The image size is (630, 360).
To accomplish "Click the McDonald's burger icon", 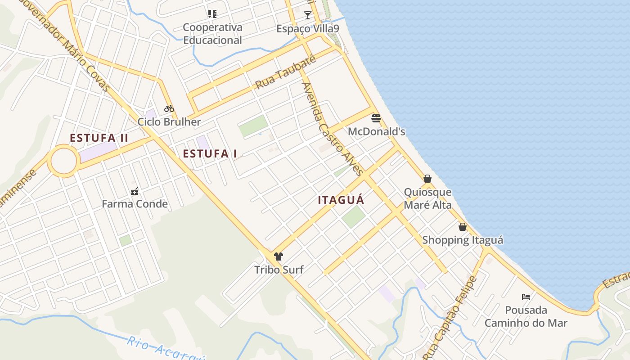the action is pyautogui.click(x=376, y=119).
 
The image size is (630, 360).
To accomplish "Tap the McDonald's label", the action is pyautogui.click(x=377, y=132).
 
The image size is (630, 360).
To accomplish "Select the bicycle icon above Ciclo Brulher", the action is pyautogui.click(x=169, y=108).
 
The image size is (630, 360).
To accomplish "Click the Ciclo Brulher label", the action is pyautogui.click(x=169, y=122).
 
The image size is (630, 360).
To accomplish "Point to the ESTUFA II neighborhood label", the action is pyautogui.click(x=99, y=138).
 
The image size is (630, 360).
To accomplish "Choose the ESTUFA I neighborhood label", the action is pyautogui.click(x=210, y=154).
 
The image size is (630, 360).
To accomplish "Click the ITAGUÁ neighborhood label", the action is pyautogui.click(x=341, y=200).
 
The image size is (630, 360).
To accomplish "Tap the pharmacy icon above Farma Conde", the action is pyautogui.click(x=134, y=191).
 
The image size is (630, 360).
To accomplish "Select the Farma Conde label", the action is pyautogui.click(x=135, y=204).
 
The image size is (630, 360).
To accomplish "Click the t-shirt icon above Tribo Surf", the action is pyautogui.click(x=279, y=257).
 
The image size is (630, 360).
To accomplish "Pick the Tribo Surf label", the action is pyautogui.click(x=279, y=270).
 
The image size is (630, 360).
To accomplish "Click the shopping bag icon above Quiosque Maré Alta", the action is pyautogui.click(x=427, y=179).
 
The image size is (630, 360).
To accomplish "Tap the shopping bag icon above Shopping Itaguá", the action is pyautogui.click(x=463, y=227).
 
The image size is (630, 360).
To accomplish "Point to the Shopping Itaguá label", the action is pyautogui.click(x=463, y=240).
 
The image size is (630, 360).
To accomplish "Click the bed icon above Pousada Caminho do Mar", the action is pyautogui.click(x=526, y=297).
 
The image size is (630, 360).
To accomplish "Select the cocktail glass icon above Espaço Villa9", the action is pyautogui.click(x=308, y=15).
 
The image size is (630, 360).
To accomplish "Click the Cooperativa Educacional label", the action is pyautogui.click(x=212, y=34).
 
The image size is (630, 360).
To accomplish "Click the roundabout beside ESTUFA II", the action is pyautogui.click(x=63, y=161).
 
